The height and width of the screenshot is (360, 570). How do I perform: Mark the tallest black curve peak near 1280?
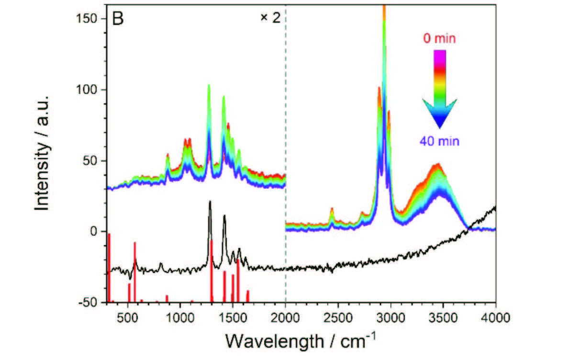(210, 202)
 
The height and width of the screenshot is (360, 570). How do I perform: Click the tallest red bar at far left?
(109, 268)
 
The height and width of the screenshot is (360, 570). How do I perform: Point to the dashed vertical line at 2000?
(286, 144)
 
